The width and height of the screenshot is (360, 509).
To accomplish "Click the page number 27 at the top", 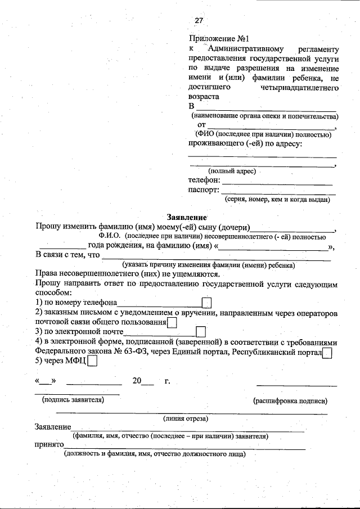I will click(x=199, y=21).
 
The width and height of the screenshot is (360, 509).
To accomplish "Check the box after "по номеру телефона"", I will click(x=206, y=303).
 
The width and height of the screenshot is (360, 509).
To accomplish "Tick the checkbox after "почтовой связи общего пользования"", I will click(x=172, y=322).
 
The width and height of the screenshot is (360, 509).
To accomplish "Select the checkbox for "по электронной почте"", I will click(x=201, y=332).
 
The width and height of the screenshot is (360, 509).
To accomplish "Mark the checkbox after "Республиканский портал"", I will click(x=327, y=353).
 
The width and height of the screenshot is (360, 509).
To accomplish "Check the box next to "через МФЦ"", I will click(x=92, y=362).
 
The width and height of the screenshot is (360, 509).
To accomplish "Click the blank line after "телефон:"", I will click(x=277, y=181).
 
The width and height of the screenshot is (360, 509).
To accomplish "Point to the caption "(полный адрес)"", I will click(x=232, y=170).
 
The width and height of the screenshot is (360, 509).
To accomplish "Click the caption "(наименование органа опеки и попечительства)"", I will click(x=264, y=116).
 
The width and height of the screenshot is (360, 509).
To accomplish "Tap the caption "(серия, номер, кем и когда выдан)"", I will click(x=277, y=199).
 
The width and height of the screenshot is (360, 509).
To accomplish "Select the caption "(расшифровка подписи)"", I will click(x=290, y=401).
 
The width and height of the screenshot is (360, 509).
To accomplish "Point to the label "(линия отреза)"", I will click(x=186, y=418).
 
